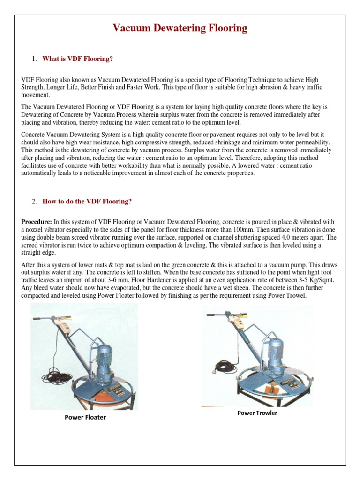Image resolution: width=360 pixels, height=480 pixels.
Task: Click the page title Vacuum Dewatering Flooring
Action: click(x=180, y=29)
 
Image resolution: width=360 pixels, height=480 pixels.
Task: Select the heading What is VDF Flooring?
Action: click(x=78, y=59)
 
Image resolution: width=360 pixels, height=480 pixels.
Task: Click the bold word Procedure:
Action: click(x=37, y=221)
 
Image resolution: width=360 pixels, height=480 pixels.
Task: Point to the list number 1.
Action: click(x=34, y=59)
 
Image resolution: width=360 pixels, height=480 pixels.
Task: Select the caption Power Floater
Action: click(x=85, y=417)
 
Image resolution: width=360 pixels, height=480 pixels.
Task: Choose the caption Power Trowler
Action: click(x=257, y=413)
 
